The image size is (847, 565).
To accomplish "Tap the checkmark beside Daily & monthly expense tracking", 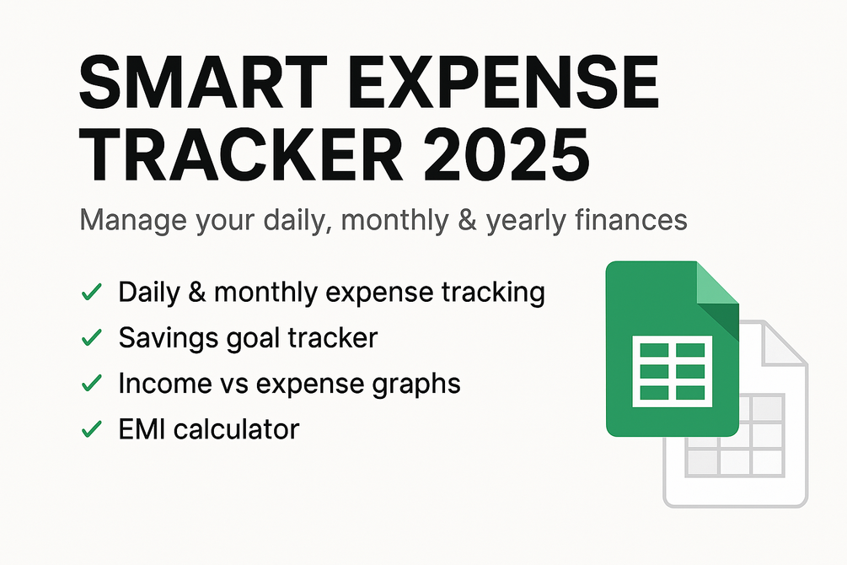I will tap(90, 293).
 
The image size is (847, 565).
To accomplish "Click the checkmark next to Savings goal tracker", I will tap(90, 338).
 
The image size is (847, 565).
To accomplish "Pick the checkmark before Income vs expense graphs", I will tap(90, 384).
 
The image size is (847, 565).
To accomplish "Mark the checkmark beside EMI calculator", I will tap(90, 429).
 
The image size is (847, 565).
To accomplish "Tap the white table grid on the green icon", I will tap(672, 369).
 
